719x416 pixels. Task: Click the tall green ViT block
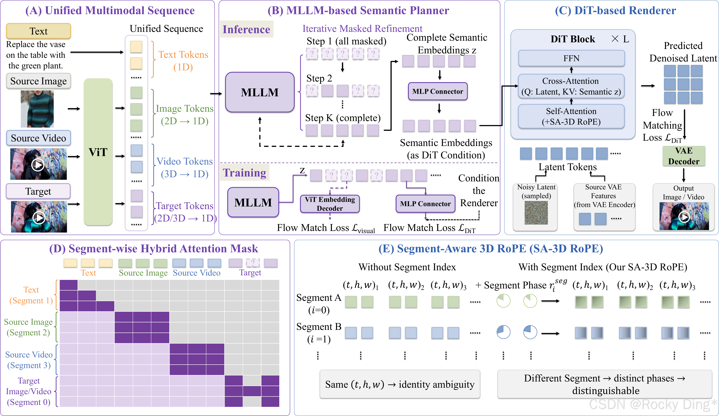[x=98, y=152]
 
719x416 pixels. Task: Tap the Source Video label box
[x=38, y=138]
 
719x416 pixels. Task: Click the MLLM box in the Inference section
[x=260, y=92]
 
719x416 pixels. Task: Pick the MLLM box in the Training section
[x=253, y=202]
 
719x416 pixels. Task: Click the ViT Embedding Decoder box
[x=330, y=204]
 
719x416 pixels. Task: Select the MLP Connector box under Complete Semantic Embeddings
[x=438, y=91]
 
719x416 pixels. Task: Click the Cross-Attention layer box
[x=571, y=86]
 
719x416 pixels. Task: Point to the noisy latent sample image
[x=536, y=212]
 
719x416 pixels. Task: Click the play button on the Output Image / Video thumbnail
[x=684, y=217]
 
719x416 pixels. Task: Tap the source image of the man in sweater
[x=37, y=109]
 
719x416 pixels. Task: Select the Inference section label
[x=246, y=29]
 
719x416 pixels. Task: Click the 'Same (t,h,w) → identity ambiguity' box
[x=400, y=384]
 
